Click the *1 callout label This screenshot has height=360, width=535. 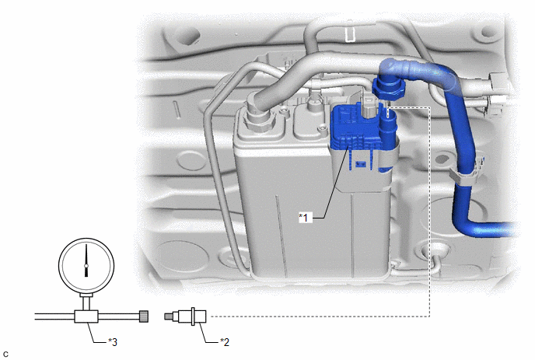click(306, 218)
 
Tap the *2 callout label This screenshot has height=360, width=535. click(225, 341)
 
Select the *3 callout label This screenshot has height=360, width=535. click(113, 341)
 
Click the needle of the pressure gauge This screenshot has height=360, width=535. click(86, 260)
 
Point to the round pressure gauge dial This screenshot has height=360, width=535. click(86, 265)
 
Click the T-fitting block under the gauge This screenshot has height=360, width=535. click(86, 316)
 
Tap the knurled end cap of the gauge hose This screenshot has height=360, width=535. click(144, 316)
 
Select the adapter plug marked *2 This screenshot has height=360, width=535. click(185, 316)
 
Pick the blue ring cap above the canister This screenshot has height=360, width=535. click(389, 89)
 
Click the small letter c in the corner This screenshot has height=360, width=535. click(5, 355)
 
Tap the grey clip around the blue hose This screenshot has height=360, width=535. click(461, 177)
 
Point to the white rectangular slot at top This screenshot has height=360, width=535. click(351, 35)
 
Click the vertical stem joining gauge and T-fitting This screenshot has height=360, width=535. click(86, 302)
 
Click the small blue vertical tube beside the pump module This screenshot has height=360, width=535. click(388, 128)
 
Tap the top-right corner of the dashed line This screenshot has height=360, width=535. click(429, 107)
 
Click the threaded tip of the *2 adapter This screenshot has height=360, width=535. click(167, 316)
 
